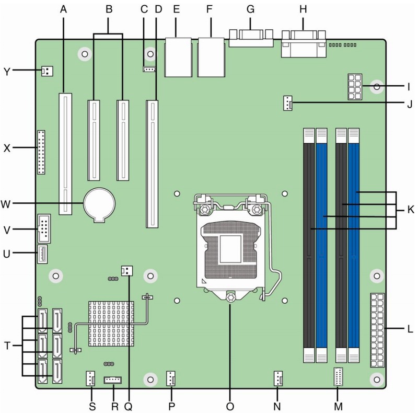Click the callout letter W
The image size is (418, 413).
click(7, 203)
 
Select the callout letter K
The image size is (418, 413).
click(410, 210)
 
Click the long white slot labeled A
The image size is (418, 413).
click(65, 154)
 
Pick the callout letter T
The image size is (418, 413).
click(6, 346)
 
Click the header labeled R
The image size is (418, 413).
click(112, 380)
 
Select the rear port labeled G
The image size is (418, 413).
click(251, 38)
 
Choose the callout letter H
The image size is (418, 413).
click(303, 8)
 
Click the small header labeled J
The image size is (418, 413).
click(288, 104)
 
